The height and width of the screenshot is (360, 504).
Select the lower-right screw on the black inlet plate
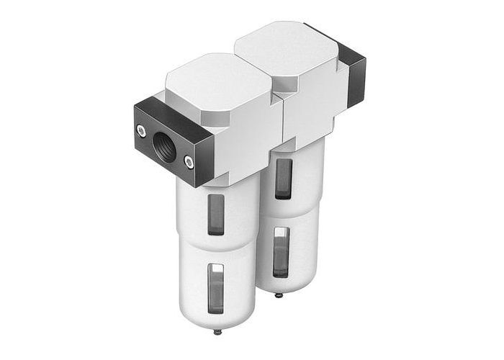click(x=189, y=162)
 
